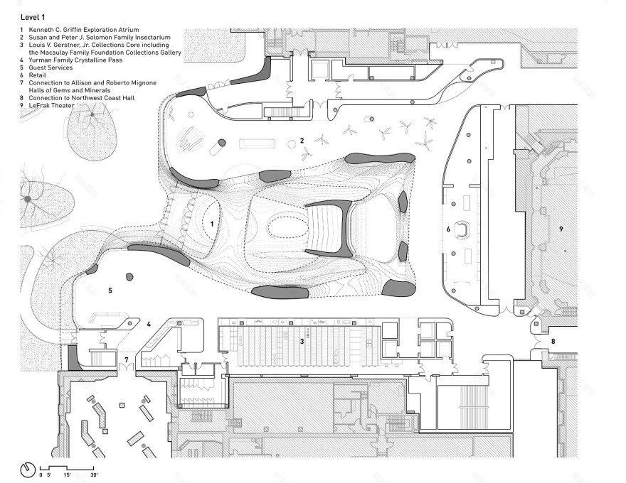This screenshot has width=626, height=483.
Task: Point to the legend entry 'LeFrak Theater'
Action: click(x=53, y=105)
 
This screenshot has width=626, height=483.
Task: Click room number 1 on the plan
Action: click(x=211, y=223)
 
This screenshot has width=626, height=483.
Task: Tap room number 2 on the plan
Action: click(x=302, y=141)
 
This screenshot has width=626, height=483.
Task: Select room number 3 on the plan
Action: click(x=302, y=342)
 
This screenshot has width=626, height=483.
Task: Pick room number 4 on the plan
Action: click(x=149, y=325)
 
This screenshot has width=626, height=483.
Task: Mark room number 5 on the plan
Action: click(x=110, y=291)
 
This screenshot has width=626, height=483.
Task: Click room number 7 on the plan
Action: click(x=126, y=360)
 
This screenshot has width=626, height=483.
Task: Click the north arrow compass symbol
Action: click(x=27, y=470)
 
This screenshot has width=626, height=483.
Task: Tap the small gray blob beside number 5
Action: click(x=130, y=277)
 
